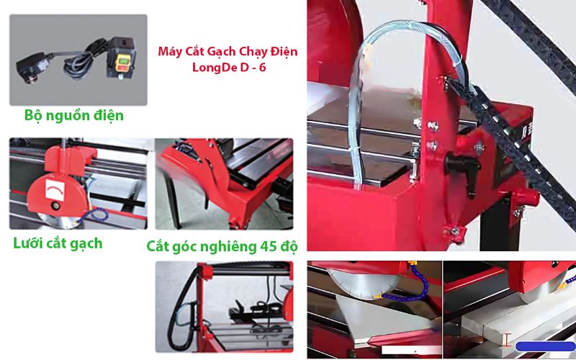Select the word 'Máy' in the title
(170, 53)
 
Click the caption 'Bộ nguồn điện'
(73, 115)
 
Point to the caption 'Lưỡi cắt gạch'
(58, 243)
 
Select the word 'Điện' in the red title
(282, 53)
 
